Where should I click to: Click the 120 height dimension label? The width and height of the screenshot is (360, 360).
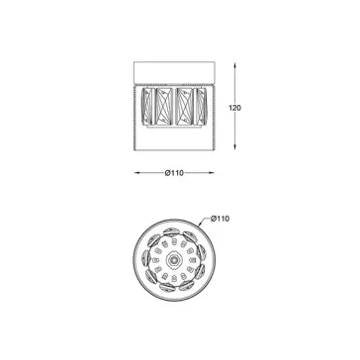234,108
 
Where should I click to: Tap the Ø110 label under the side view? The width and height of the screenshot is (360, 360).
174,173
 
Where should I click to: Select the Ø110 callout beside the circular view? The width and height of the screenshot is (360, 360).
220,219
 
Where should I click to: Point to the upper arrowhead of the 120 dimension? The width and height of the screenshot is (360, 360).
234,65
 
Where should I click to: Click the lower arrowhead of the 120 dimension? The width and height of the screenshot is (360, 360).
234,147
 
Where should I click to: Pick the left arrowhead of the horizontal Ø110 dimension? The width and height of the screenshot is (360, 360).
137,173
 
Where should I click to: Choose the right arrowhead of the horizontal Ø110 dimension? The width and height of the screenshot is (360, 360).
211,173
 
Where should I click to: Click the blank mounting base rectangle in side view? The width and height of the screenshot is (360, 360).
174,72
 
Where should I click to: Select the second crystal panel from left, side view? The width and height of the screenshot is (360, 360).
165,106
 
